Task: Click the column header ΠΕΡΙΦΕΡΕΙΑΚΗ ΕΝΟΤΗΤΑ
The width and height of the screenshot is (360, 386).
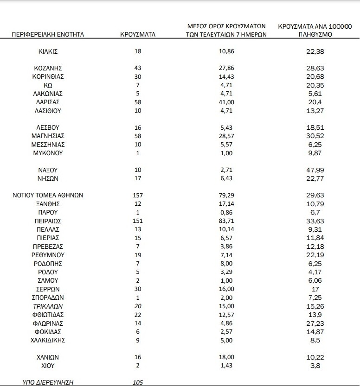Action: coord(47,34)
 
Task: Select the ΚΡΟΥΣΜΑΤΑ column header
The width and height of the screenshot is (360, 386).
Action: coord(138,34)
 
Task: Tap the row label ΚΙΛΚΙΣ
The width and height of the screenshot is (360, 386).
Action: coord(48,51)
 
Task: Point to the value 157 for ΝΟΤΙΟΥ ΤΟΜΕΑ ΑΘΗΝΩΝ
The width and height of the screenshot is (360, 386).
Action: coord(138,195)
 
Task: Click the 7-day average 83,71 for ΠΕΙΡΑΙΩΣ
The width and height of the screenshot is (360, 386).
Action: coord(225,221)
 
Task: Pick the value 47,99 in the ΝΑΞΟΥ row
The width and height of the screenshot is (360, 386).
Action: coord(318,170)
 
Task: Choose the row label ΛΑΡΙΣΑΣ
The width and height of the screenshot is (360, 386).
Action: coord(48,102)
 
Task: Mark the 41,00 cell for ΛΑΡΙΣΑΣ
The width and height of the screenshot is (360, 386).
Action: coord(225,102)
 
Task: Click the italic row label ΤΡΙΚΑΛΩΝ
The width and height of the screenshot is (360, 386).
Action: coord(48,306)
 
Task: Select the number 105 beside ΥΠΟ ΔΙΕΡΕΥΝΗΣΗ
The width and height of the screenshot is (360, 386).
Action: coord(138,382)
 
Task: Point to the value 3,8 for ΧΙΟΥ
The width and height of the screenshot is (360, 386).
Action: coord(318,366)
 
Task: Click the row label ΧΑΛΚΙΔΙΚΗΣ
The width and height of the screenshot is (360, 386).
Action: coord(48,340)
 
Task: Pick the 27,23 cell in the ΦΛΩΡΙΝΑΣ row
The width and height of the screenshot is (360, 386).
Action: coord(318,323)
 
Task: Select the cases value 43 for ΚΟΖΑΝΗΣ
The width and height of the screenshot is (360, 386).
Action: coord(138,68)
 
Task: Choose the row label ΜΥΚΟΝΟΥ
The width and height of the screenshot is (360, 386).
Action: coord(48,153)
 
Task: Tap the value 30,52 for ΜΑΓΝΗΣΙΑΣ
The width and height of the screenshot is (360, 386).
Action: coord(318,136)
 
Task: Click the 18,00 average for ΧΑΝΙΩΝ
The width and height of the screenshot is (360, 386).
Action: coord(225,357)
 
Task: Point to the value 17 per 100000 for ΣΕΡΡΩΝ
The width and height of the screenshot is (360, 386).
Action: coord(318,289)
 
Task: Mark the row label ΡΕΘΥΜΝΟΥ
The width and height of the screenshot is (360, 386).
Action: coord(48,255)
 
